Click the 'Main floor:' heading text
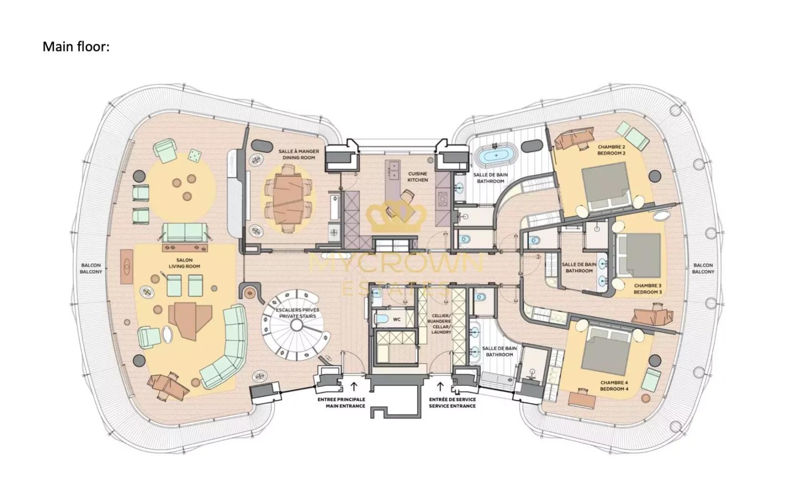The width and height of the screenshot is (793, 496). click(x=76, y=47)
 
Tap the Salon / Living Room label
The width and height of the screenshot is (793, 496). click(x=184, y=263)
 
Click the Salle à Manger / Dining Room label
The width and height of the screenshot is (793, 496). click(x=298, y=154)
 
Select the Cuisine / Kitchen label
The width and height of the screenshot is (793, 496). click(x=417, y=177)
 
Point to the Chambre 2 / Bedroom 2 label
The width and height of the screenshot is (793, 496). click(x=611, y=150)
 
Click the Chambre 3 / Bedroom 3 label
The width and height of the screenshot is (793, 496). click(x=647, y=289)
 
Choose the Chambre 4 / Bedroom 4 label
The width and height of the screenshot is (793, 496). click(x=614, y=385)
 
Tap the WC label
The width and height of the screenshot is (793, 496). click(x=396, y=319)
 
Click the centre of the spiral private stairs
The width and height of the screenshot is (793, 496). click(x=296, y=325)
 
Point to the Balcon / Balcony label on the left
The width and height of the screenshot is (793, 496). click(x=91, y=268)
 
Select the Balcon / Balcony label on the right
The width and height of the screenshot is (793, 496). click(x=703, y=268)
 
